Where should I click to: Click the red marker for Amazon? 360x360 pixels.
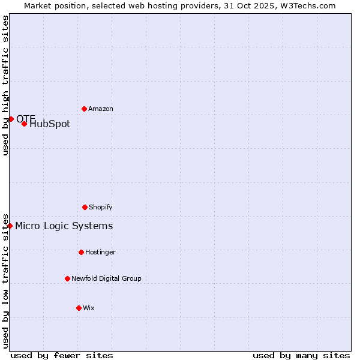84,109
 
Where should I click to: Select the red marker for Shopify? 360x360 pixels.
85,207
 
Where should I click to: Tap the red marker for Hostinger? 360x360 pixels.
81,252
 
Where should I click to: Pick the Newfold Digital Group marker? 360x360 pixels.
67,278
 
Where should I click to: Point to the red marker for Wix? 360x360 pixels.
79,308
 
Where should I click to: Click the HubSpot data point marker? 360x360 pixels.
24,124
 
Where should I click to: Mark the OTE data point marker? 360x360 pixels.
11,119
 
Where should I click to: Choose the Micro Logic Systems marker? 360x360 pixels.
10,226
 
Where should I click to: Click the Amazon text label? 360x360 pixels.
101,109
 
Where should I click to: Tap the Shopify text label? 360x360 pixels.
101,207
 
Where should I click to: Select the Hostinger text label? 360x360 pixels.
100,252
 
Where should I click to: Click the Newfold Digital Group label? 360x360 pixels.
106,278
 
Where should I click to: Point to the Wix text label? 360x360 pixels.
89,308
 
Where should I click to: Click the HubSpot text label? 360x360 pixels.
50,124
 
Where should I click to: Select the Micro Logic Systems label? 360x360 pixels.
64,226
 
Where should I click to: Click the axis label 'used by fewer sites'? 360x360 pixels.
62,355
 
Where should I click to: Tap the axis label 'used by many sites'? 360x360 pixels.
301,355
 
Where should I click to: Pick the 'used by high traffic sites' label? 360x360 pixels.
5,85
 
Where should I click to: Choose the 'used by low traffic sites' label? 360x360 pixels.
5,280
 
